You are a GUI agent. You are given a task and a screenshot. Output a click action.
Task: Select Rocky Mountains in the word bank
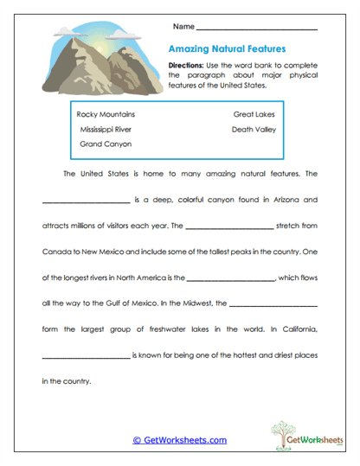(x=106, y=114)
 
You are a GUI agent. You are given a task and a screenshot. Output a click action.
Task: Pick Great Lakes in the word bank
(x=254, y=114)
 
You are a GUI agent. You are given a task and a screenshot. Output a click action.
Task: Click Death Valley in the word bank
(x=254, y=129)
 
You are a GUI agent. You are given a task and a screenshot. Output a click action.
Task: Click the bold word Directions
(x=187, y=67)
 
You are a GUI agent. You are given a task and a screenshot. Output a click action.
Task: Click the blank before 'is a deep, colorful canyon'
(x=85, y=201)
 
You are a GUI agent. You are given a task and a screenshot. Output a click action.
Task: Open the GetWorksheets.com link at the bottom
(x=180, y=440)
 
